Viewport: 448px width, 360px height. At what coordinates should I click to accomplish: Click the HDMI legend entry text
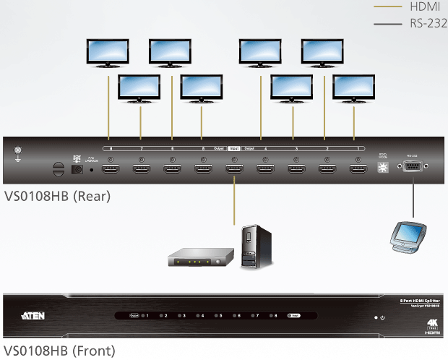tap(423, 7)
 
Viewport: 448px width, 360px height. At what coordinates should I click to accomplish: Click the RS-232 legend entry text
tap(426, 24)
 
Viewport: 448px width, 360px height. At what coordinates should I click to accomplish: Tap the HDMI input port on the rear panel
tap(233, 171)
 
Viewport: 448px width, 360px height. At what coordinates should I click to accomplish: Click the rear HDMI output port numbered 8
tap(111, 171)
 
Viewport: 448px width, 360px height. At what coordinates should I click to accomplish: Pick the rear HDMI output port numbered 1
tap(357, 171)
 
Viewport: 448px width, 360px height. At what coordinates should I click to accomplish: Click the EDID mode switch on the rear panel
tap(383, 168)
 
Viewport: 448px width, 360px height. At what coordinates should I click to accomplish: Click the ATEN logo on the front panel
tap(36, 316)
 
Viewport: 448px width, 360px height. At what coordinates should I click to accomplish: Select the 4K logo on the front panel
tap(432, 322)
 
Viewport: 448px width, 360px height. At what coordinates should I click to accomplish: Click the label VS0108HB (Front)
tap(59, 352)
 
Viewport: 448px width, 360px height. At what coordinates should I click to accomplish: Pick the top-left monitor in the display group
tap(107, 53)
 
